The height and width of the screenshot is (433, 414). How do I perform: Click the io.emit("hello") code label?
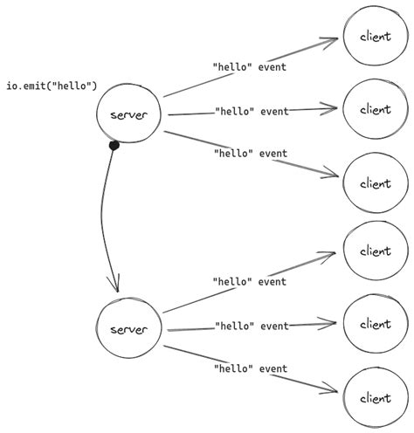click(52, 86)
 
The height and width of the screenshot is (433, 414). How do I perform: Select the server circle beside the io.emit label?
click(130, 114)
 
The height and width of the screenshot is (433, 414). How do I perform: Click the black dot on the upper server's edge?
click(113, 146)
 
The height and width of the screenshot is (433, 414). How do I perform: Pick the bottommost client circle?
click(374, 397)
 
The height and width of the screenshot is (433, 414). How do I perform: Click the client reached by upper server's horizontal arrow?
click(374, 109)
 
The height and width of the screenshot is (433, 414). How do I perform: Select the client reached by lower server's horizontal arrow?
click(374, 324)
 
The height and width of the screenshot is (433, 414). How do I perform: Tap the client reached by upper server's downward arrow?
click(374, 183)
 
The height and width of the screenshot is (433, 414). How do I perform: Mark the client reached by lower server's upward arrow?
click(374, 251)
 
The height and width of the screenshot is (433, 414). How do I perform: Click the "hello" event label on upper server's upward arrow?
click(250, 65)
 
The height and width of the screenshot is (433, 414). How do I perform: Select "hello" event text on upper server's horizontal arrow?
click(252, 111)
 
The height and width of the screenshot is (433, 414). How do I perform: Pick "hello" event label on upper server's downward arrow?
click(250, 154)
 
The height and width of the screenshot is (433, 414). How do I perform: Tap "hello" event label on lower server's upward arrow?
click(250, 281)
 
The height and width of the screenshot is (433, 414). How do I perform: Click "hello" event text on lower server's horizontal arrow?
click(252, 326)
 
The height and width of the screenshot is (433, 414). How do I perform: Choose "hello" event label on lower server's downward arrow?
click(250, 369)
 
